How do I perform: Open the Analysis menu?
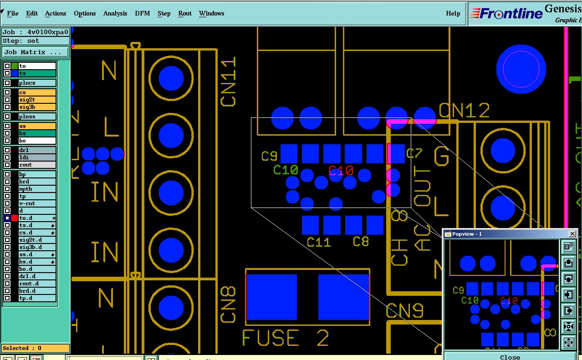click(x=115, y=13)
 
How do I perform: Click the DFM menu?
click(x=143, y=13)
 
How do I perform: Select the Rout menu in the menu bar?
click(x=185, y=13)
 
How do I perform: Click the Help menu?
click(x=453, y=13)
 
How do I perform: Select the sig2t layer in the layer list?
click(x=37, y=100)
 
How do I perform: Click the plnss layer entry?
click(x=37, y=117)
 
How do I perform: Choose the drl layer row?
click(x=37, y=150)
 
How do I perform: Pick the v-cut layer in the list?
click(x=37, y=203)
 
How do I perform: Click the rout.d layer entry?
click(x=37, y=284)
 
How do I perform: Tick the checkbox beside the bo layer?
click(x=7, y=141)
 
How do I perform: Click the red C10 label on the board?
click(x=341, y=171)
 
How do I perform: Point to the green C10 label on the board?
click(x=286, y=171)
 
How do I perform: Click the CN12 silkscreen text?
click(x=465, y=111)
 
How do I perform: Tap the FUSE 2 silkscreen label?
click(x=286, y=338)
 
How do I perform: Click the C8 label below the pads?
click(x=361, y=242)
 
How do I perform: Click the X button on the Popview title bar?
click(x=572, y=234)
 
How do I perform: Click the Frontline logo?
click(x=505, y=13)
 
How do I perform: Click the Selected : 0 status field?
click(x=36, y=348)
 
